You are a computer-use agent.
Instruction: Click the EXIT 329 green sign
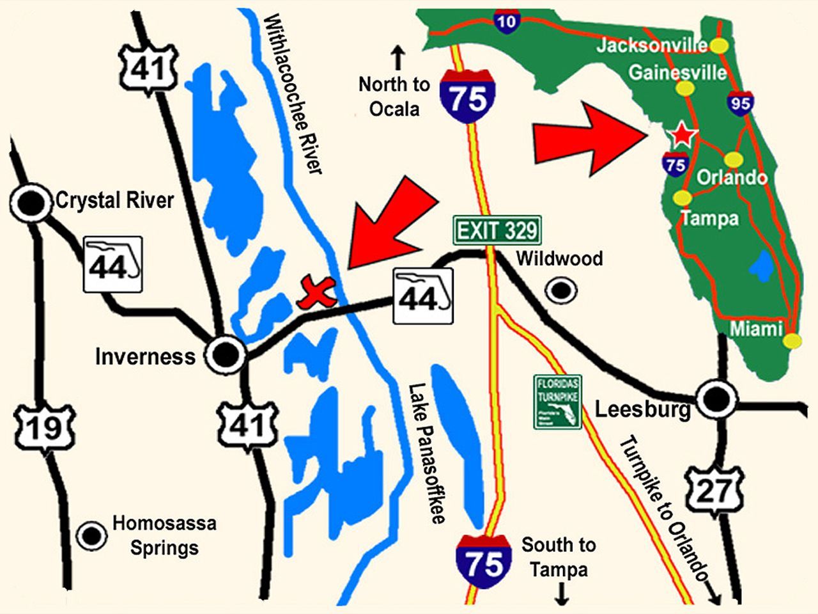[497, 230]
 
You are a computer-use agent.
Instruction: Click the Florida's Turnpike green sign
[557, 402]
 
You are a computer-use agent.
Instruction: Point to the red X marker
[317, 292]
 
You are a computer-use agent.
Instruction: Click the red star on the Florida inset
[682, 135]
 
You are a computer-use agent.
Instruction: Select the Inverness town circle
[226, 354]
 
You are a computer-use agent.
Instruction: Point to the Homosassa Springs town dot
[91, 535]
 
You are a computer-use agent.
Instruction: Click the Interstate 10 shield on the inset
[506, 22]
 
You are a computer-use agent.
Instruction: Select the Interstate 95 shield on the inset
[740, 102]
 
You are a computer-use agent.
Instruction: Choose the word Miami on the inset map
[757, 329]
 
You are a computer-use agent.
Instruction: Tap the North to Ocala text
[394, 96]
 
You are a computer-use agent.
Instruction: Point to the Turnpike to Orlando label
[665, 508]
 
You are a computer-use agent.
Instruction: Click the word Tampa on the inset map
[709, 219]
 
